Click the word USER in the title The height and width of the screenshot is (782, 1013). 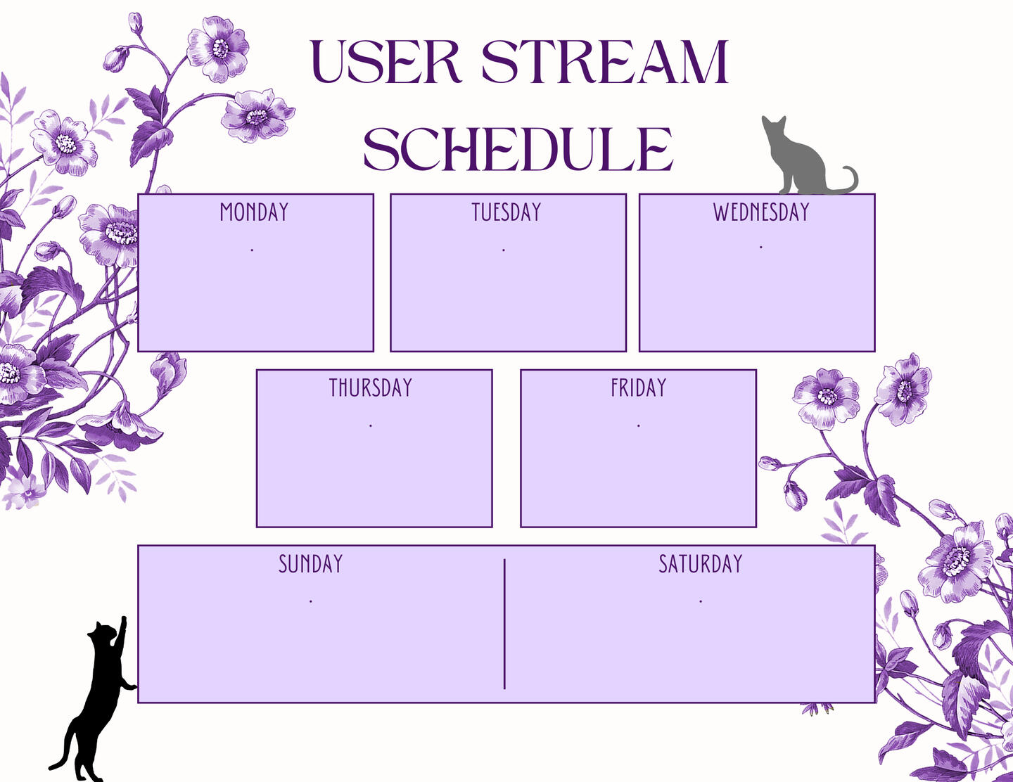[x=386, y=61]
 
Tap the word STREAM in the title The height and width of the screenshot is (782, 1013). [x=604, y=61]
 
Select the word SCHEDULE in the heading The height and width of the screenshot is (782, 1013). [x=518, y=148]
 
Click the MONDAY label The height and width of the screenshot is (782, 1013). [x=254, y=212]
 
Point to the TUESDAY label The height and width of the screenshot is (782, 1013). [x=507, y=212]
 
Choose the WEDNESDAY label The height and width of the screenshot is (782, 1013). [x=760, y=212]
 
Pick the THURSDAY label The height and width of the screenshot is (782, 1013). [x=371, y=387]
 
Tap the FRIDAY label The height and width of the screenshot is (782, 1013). [x=639, y=387]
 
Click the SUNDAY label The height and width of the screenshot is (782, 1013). [x=310, y=564]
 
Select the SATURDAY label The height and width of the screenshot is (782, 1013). [x=700, y=564]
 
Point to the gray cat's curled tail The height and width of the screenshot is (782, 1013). [x=846, y=181]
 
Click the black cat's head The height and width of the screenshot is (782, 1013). [x=103, y=632]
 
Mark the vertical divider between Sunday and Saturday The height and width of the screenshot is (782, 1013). [x=504, y=624]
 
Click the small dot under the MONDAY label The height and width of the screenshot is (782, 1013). [x=253, y=250]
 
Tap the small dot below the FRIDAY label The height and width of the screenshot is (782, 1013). [x=639, y=425]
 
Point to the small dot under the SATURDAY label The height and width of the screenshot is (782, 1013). [x=701, y=602]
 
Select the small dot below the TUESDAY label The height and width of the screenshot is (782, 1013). [x=504, y=250]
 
